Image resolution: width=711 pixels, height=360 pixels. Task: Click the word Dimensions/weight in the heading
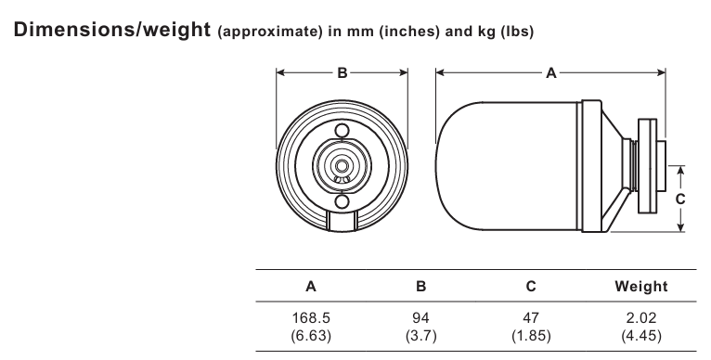tap(112, 30)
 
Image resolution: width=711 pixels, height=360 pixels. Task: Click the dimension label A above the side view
tap(551, 72)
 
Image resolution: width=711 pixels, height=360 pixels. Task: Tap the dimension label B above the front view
tap(343, 72)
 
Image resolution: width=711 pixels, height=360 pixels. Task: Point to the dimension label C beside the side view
tap(680, 199)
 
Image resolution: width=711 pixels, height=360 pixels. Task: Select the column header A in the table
tap(311, 287)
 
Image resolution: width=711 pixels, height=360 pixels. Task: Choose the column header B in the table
tap(420, 287)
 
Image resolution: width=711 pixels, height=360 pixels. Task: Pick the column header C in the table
tap(531, 287)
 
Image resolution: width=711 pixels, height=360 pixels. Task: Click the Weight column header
tap(641, 287)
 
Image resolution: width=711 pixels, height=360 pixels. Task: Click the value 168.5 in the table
tap(311, 318)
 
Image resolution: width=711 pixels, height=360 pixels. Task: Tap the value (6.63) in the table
tap(311, 336)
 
